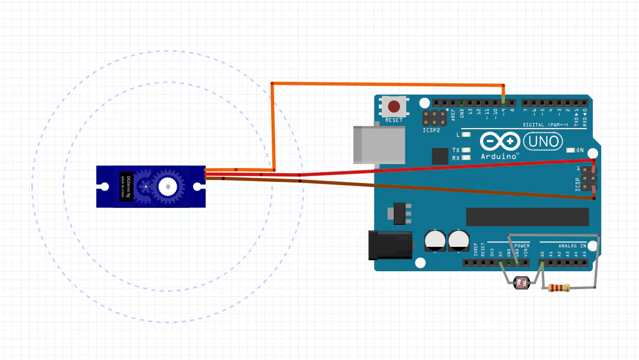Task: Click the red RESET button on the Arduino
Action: [x=394, y=106]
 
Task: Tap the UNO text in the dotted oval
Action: [x=543, y=142]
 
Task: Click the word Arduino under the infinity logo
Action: [x=498, y=156]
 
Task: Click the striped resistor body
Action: [x=558, y=288]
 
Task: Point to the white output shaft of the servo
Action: [x=167, y=186]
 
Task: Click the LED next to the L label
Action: [x=467, y=135]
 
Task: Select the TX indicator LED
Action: [x=467, y=150]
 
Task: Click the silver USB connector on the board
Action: [x=379, y=145]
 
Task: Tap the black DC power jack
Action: [x=390, y=245]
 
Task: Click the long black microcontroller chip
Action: [x=527, y=217]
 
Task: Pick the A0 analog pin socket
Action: [x=542, y=263]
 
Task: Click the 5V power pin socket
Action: [x=500, y=263]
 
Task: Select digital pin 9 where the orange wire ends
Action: [x=504, y=103]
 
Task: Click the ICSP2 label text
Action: [x=431, y=131]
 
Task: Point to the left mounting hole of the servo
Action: [x=105, y=187]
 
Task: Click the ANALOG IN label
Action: [x=572, y=246]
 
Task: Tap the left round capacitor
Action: [x=435, y=241]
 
